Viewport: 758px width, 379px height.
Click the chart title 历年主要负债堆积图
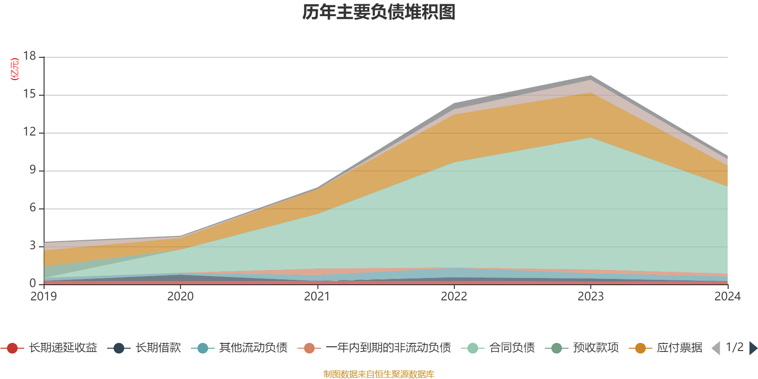[379, 12]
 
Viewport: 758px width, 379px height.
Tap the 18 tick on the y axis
[29, 56]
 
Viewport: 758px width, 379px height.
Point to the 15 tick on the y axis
[29, 94]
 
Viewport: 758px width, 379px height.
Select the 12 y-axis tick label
[29, 132]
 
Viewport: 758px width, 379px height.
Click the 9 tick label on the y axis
[32, 170]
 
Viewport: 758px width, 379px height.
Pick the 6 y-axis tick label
[32, 208]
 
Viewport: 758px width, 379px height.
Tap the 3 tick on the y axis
[32, 245]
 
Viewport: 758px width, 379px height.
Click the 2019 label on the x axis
[44, 296]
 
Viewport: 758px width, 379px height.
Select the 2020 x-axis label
[180, 296]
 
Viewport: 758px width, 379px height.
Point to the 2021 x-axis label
[317, 296]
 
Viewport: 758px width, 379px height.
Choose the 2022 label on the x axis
[454, 296]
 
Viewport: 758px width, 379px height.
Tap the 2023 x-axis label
[591, 296]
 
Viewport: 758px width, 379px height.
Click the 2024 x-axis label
[727, 296]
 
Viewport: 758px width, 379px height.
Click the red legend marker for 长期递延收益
[12, 348]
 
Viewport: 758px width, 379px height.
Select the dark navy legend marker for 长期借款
[119, 348]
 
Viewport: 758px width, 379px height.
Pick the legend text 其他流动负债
[253, 348]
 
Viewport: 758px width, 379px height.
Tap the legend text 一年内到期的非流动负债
[388, 348]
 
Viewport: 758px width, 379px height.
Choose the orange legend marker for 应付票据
[640, 348]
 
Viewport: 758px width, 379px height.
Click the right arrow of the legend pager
[753, 348]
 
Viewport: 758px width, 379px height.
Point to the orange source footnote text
[379, 374]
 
